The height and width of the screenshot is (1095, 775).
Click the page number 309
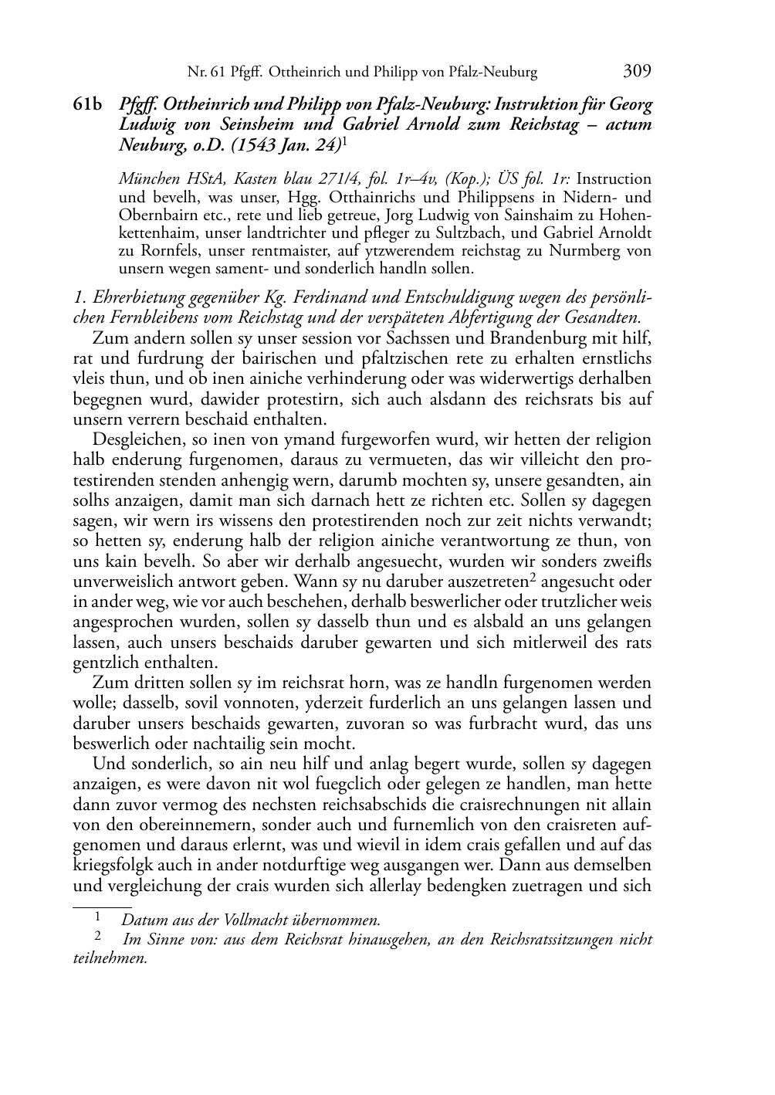pyautogui.click(x=637, y=72)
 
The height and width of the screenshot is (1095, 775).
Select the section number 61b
pyautogui.click(x=87, y=104)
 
